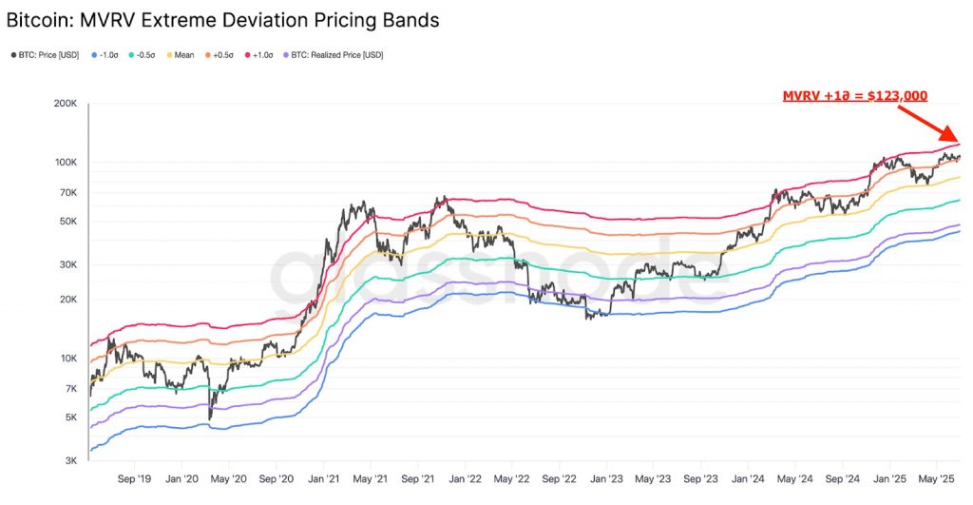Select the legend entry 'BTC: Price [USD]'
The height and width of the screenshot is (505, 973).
pyautogui.click(x=48, y=55)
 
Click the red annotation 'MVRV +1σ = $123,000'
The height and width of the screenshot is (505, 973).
pyautogui.click(x=854, y=96)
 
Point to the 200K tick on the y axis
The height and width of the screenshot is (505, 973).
pyautogui.click(x=65, y=103)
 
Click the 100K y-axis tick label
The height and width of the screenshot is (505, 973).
pyautogui.click(x=65, y=163)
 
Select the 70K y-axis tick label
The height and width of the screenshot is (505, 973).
pyautogui.click(x=67, y=193)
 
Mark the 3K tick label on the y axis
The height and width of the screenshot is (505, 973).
pyautogui.click(x=69, y=460)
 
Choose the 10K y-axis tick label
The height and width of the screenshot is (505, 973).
pyautogui.click(x=67, y=359)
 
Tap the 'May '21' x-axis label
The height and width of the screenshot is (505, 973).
pyautogui.click(x=370, y=480)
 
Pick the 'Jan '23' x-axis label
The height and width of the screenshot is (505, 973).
pyautogui.click(x=607, y=480)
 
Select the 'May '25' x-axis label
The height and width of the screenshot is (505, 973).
pyautogui.click(x=937, y=480)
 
